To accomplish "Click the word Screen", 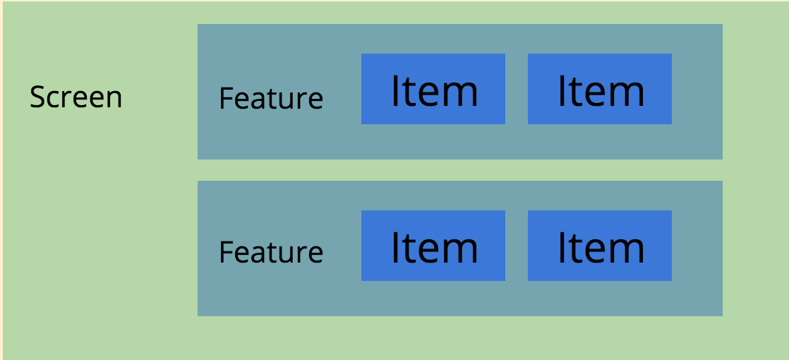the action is point(76,97).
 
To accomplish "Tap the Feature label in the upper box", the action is point(271,98).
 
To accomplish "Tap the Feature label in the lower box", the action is point(271,251).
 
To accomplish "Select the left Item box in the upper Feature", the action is point(433,89).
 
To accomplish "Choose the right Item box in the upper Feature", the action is point(600,89).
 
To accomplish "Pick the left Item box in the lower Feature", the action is point(433,246).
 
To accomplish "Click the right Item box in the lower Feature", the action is point(600,246).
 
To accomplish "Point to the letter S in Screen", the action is point(37,97).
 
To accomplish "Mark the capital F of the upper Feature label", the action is point(225,98).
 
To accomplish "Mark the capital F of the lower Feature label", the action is point(225,251).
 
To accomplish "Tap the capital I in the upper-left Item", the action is point(395,91).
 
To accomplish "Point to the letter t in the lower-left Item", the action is point(411,249).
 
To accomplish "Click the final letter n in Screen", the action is point(114,99).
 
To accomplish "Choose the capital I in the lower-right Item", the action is point(562,248).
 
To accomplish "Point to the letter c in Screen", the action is point(51,99).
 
